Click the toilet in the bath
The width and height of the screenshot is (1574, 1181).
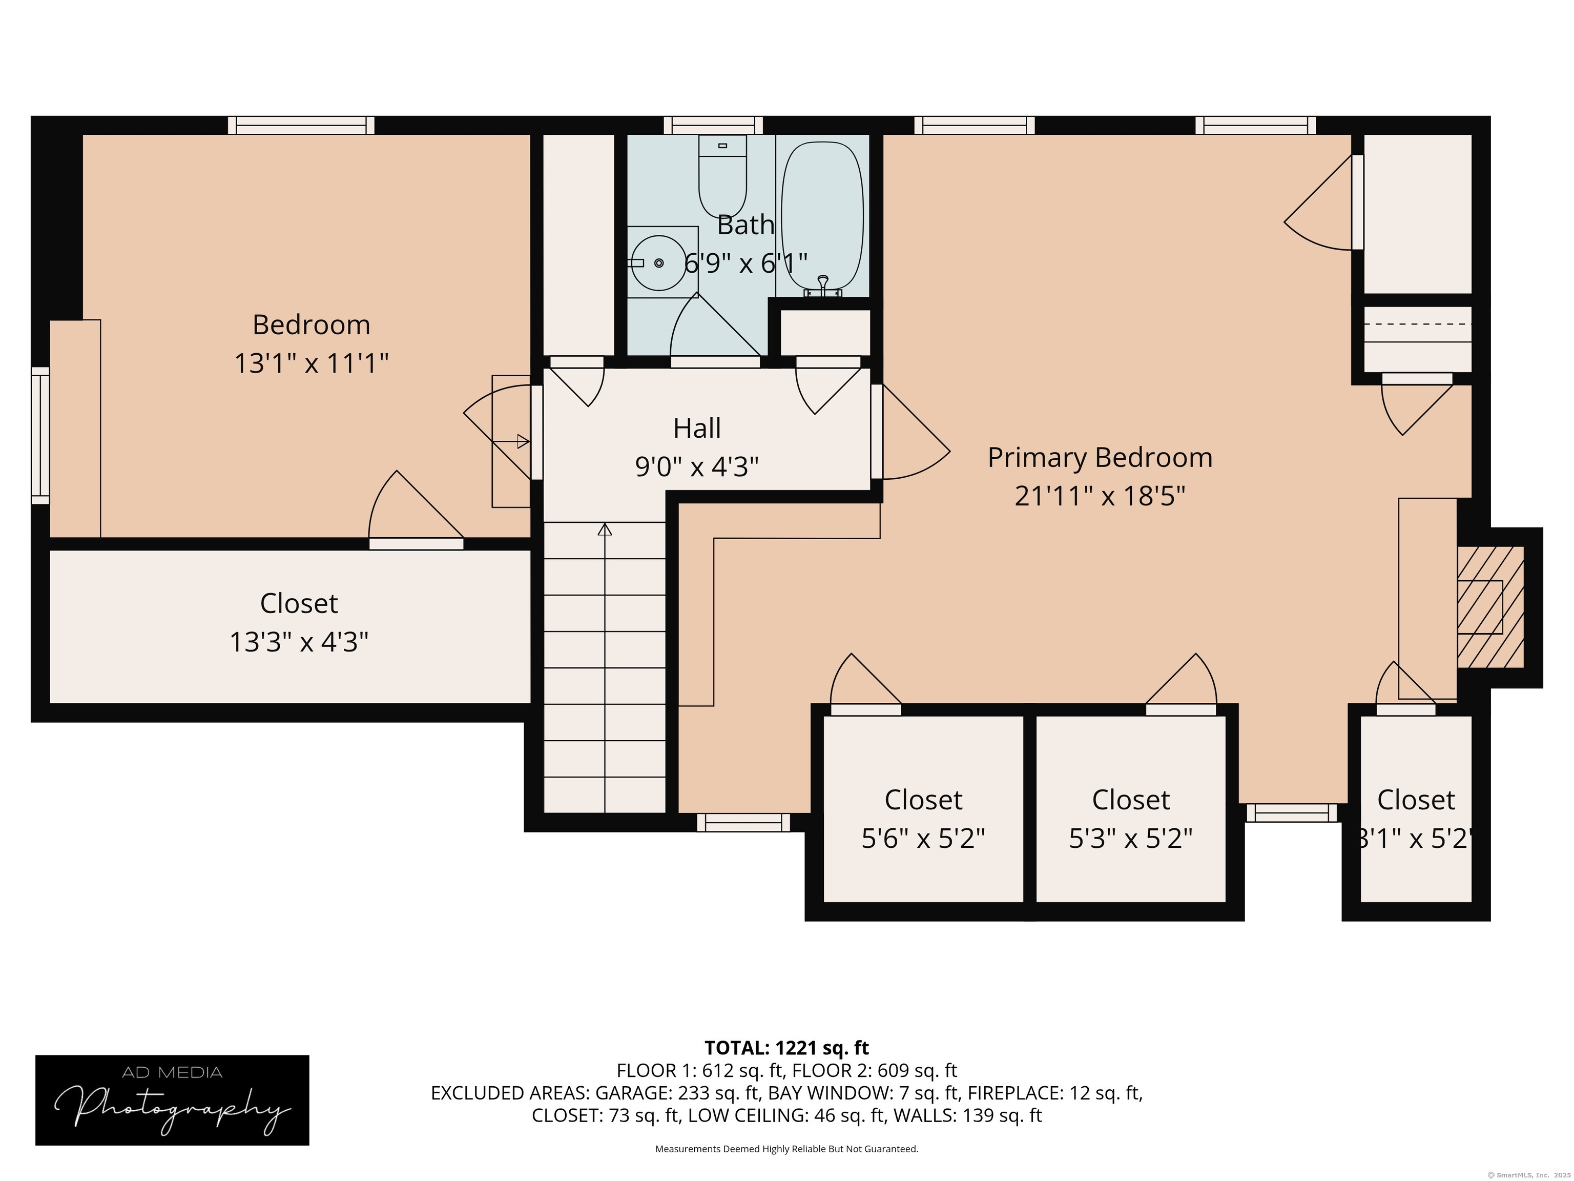(722, 176)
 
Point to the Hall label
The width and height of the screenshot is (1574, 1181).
(697, 428)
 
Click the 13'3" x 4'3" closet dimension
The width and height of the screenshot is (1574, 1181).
(299, 642)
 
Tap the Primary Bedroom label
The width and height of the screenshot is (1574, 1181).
(1100, 457)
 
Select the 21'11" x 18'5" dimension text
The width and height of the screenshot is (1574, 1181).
(1100, 496)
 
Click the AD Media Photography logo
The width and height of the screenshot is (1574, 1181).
(172, 1100)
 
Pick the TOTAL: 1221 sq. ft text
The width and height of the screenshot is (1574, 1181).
(786, 1048)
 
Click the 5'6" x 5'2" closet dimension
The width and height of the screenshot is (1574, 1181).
(923, 839)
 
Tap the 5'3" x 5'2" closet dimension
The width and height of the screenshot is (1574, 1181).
(1131, 839)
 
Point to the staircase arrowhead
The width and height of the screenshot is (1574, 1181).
(605, 529)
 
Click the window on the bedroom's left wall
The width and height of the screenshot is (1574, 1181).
(40, 436)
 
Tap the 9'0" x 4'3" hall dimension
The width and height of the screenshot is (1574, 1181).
(697, 467)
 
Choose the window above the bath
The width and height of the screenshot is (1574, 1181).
(713, 125)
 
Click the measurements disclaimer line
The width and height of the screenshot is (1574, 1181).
(786, 1149)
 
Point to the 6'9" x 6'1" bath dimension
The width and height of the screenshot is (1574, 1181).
(745, 263)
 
